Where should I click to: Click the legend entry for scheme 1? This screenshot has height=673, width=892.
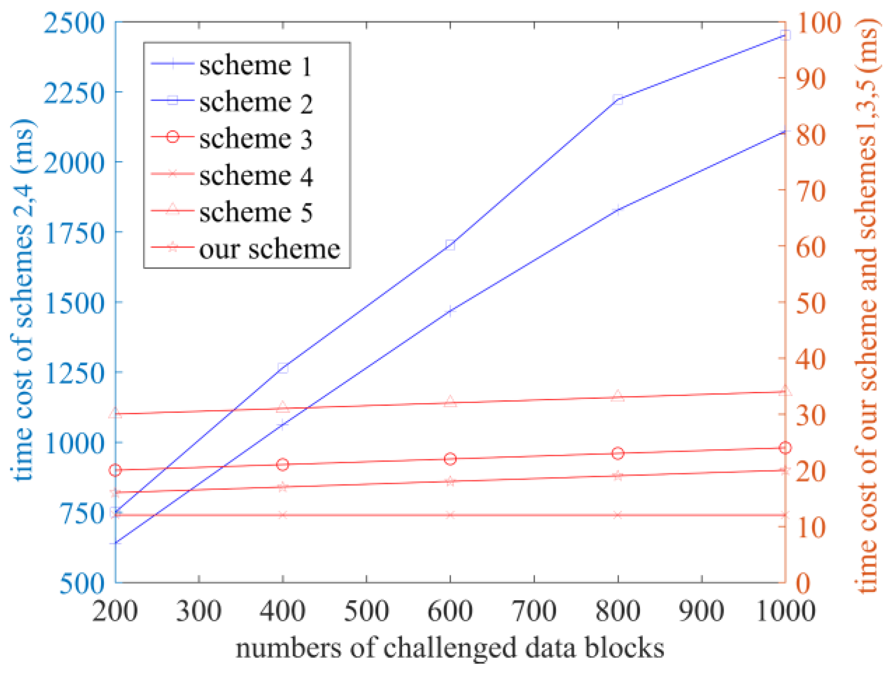point(255,65)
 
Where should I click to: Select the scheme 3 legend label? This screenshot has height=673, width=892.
point(255,139)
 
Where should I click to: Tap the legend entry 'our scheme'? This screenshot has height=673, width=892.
point(269,249)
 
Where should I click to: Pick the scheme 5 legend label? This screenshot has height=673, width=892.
point(255,212)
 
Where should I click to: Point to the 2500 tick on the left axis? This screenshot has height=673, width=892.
point(75,22)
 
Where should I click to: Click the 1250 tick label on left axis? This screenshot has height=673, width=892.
point(75,373)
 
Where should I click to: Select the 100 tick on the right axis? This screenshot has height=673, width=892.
point(817,22)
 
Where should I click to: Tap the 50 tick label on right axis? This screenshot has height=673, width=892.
point(810,303)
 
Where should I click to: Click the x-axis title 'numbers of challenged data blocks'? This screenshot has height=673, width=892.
point(450,648)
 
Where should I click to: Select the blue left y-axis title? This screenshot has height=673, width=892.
point(22,300)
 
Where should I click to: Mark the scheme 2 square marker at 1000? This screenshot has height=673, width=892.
point(785,35)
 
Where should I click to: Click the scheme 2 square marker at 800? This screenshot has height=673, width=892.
point(618,99)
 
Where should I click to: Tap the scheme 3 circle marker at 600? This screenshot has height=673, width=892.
point(450,459)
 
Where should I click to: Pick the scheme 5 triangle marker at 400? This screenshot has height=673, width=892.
point(282,408)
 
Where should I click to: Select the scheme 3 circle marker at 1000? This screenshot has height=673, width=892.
point(785,448)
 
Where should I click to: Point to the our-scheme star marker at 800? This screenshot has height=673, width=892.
point(618,475)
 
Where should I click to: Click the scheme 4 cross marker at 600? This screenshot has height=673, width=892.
point(450,515)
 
